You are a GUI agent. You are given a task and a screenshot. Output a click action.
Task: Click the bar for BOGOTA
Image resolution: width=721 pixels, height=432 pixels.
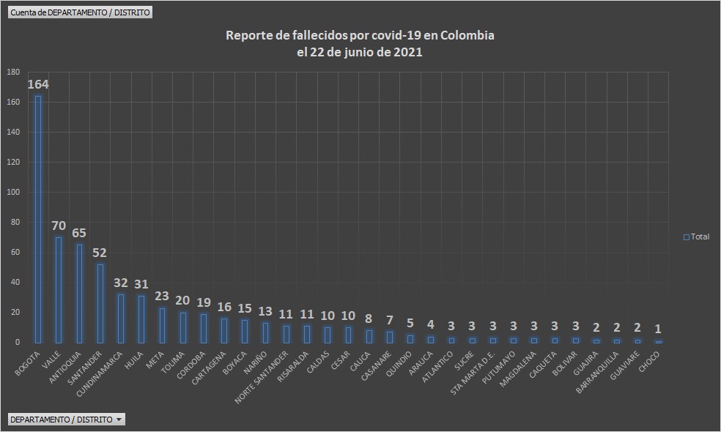(38, 220)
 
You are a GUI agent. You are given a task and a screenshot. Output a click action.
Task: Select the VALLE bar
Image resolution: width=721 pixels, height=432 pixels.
(59, 290)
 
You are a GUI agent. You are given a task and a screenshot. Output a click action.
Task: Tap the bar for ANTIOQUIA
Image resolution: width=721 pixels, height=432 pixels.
(79, 294)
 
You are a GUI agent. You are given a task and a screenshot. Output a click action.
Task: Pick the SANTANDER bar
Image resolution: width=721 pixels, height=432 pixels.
(100, 303)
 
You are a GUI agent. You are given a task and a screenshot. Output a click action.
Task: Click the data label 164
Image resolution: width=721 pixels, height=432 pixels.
(38, 85)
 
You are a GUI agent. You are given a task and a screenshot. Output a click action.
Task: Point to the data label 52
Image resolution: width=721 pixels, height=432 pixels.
(100, 253)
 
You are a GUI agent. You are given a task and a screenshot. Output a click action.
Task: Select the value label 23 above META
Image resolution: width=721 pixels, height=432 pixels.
(162, 297)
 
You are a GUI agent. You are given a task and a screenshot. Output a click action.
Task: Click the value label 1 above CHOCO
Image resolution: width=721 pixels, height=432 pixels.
(658, 329)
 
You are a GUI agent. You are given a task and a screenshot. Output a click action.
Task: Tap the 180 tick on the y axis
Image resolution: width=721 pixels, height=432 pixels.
(13, 72)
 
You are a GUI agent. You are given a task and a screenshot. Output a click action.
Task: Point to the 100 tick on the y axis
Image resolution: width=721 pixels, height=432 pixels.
(13, 192)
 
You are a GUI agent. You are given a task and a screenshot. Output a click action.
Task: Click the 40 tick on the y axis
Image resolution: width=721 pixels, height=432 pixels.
(15, 282)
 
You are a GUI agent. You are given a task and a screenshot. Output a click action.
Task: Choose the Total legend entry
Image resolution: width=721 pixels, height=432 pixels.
(696, 237)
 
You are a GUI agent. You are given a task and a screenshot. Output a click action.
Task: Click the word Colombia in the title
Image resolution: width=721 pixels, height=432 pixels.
(466, 36)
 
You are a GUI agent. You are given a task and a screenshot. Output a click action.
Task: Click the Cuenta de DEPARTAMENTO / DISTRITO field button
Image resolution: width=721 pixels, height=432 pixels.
(81, 12)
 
